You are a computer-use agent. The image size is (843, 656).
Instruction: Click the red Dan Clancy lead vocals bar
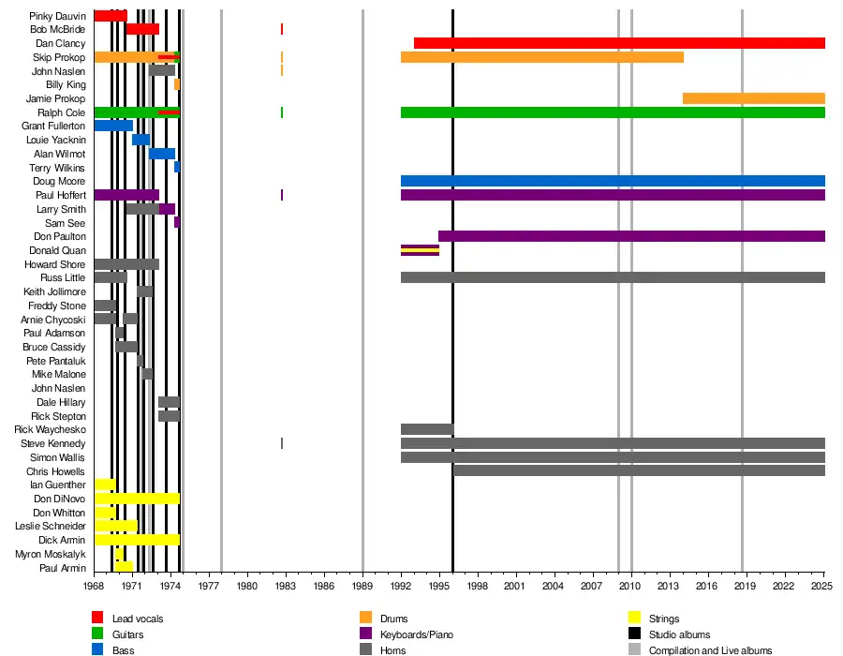click(x=618, y=43)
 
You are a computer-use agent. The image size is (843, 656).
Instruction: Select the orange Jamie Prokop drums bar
click(x=753, y=98)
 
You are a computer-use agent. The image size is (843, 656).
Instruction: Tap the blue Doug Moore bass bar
click(x=613, y=181)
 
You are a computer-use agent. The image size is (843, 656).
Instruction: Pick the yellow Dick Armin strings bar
click(x=137, y=540)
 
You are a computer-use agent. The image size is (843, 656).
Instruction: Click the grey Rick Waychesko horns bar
click(x=427, y=429)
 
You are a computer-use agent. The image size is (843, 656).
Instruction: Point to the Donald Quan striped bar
click(x=420, y=250)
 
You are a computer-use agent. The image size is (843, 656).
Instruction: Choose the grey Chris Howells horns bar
click(x=639, y=470)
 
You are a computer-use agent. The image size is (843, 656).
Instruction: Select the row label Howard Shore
click(x=54, y=264)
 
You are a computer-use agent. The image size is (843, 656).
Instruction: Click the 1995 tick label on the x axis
click(x=439, y=586)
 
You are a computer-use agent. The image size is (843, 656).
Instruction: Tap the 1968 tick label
click(x=94, y=586)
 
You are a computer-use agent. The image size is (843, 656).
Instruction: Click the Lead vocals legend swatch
click(x=97, y=618)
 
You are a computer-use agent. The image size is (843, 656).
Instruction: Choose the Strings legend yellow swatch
click(x=634, y=618)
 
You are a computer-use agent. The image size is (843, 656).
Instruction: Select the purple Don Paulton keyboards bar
click(x=631, y=236)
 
